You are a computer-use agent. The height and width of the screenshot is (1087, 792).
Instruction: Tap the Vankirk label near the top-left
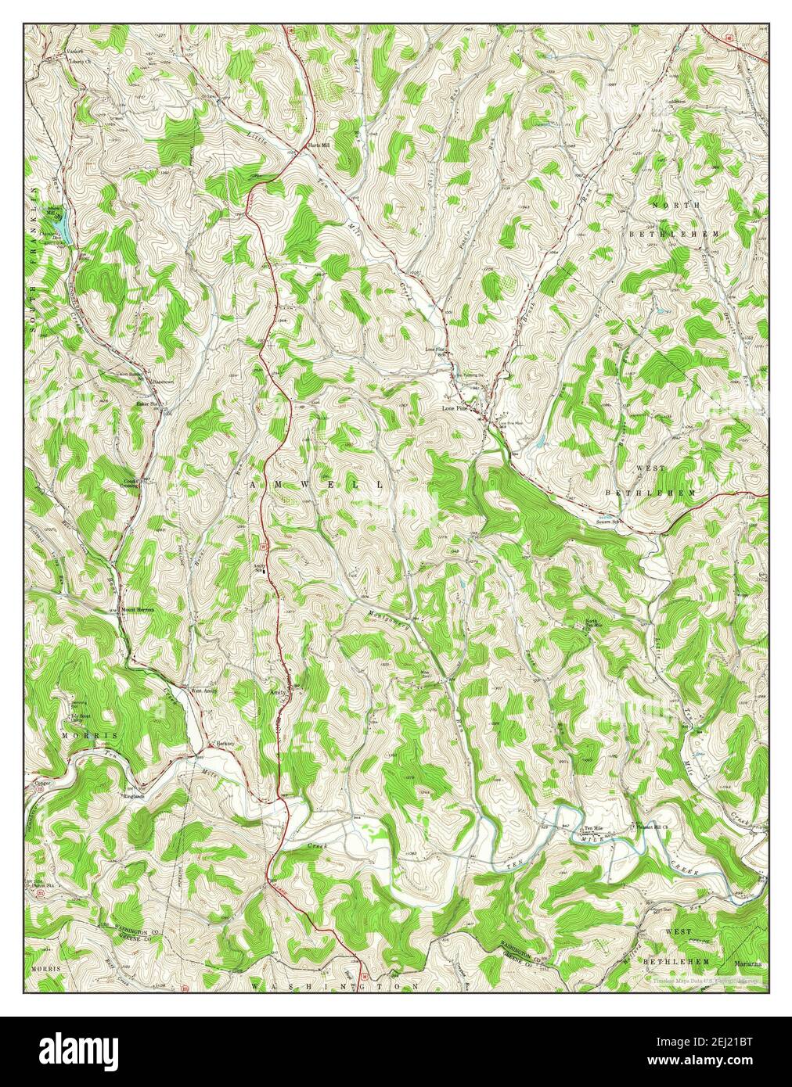[x=74, y=52]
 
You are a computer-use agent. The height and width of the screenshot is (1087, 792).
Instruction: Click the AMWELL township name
[x=317, y=485]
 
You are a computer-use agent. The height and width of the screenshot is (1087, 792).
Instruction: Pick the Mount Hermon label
[x=138, y=609]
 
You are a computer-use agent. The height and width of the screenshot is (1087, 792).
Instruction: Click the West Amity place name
[x=203, y=691]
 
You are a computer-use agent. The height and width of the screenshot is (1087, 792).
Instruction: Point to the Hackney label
[x=226, y=743]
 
